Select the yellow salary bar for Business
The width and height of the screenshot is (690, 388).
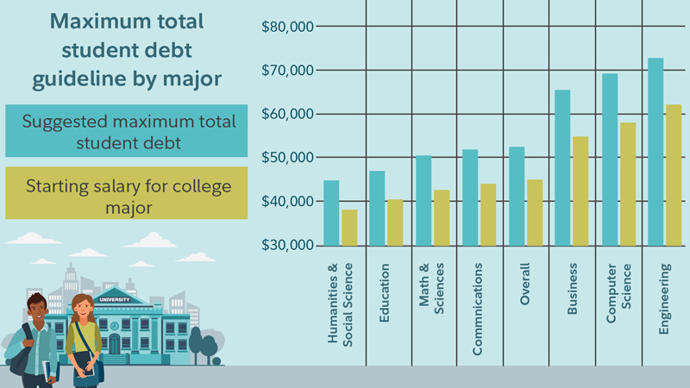click(580, 191)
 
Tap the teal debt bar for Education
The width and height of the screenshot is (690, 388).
click(377, 208)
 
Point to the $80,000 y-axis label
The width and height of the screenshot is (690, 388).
click(287, 26)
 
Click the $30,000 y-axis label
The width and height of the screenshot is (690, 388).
click(287, 246)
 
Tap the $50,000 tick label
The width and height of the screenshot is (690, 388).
click(287, 158)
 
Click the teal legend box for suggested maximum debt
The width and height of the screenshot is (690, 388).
click(126, 131)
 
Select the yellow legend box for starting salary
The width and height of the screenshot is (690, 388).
click(126, 196)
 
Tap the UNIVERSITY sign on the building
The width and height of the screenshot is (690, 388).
click(116, 299)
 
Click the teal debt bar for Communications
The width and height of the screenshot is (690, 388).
click(470, 197)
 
